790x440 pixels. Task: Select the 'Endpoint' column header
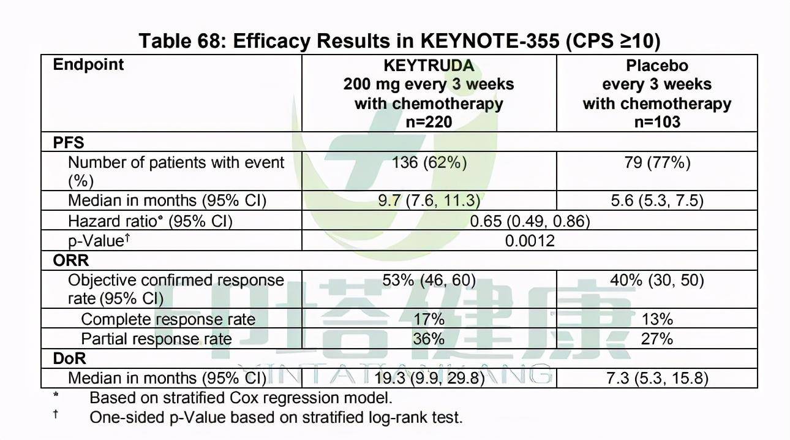pos(88,65)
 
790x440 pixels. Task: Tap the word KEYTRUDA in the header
pos(429,66)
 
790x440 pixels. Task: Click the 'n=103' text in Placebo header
pos(657,122)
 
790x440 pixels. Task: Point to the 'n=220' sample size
pos(429,122)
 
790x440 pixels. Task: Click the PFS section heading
pos(69,143)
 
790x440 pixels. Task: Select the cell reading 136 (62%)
pos(429,162)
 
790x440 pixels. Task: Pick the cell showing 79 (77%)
pos(657,162)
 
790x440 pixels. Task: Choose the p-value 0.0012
pos(530,241)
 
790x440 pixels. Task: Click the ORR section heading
pos(71,260)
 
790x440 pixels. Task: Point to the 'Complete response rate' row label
pos(168,319)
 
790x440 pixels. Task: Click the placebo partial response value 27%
pos(657,339)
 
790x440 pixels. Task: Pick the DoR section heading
pos(69,358)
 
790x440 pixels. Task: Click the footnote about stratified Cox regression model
pos(241,398)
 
